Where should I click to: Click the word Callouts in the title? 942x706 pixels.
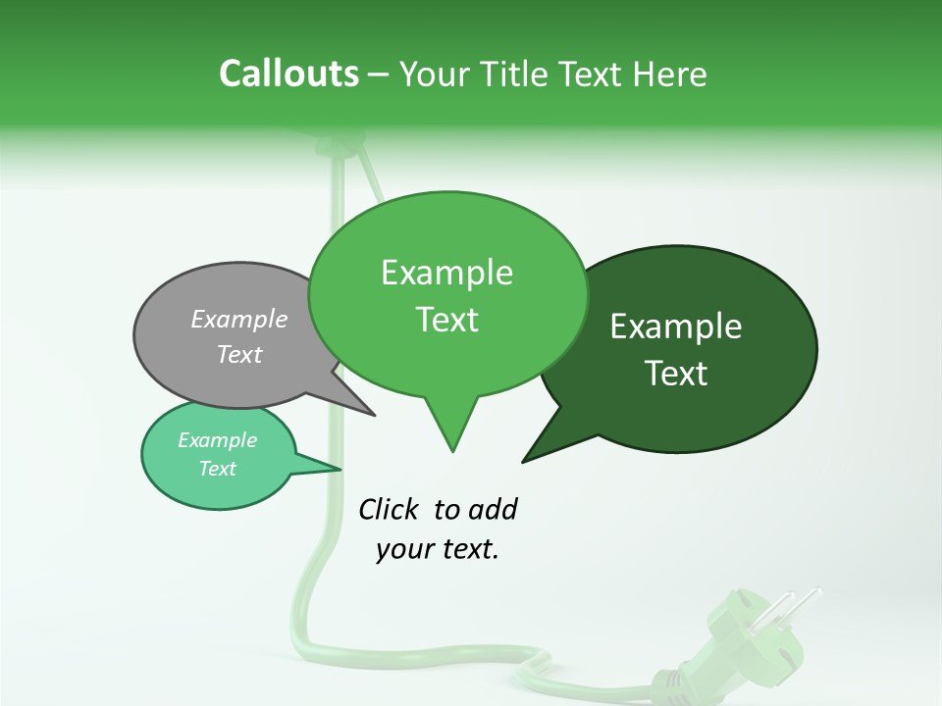(288, 74)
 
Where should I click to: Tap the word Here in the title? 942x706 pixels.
(669, 74)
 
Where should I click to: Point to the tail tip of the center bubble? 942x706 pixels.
(452, 450)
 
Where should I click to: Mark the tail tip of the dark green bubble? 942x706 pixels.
(524, 460)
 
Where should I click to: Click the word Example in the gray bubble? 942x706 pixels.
(239, 319)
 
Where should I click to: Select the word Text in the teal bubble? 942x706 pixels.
(218, 469)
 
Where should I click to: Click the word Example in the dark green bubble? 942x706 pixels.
(676, 327)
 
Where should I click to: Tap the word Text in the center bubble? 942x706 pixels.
(447, 320)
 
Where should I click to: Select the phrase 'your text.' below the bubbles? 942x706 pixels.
(438, 549)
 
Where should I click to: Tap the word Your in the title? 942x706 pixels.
(437, 74)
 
